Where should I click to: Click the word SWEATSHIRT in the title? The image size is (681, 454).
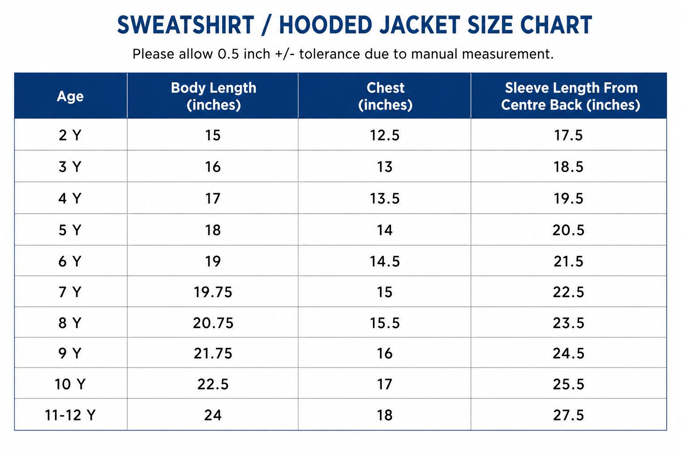click(186, 25)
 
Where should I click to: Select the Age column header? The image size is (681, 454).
click(70, 96)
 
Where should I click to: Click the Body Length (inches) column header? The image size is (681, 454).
click(213, 96)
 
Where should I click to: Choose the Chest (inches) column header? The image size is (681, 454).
click(385, 96)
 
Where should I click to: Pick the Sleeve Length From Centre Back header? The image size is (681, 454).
click(571, 96)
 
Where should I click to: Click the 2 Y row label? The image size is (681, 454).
click(70, 135)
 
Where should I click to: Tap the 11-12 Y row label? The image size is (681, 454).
click(70, 415)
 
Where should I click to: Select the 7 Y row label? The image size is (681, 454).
click(70, 292)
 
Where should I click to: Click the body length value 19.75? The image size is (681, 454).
click(213, 292)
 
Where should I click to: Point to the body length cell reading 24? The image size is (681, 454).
click(213, 415)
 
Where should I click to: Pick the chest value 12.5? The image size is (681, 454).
click(384, 135)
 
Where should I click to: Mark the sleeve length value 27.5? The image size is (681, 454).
click(568, 415)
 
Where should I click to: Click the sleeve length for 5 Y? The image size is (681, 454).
click(568, 230)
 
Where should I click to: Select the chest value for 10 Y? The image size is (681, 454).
click(384, 384)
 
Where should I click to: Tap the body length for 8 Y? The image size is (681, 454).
click(213, 323)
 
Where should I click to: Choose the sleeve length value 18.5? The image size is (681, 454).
click(568, 167)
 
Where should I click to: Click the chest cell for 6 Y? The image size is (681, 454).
click(384, 261)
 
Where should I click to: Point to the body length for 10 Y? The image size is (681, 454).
click(213, 384)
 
